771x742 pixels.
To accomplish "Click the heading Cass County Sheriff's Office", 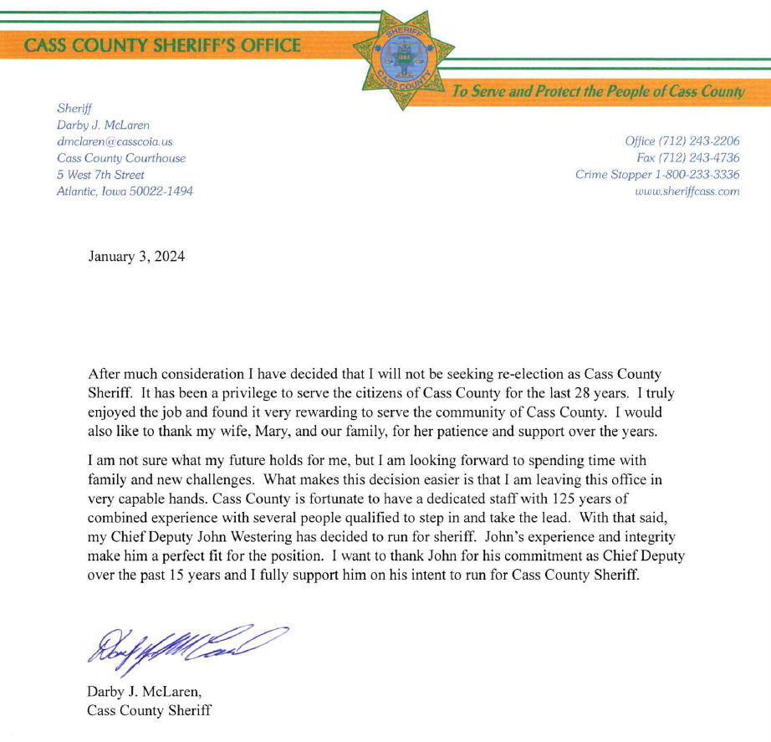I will coord(163,44).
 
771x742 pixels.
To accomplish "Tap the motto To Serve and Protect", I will coord(597,91).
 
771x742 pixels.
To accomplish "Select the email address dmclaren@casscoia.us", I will coord(115,141).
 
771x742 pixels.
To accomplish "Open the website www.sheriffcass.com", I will coord(687,191).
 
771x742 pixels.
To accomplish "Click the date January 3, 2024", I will coord(136,256).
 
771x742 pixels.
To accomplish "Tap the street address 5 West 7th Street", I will coord(100,175).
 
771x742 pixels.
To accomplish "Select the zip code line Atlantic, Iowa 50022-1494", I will coord(125,192).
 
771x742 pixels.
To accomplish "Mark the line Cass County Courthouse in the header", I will coord(121,158).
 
